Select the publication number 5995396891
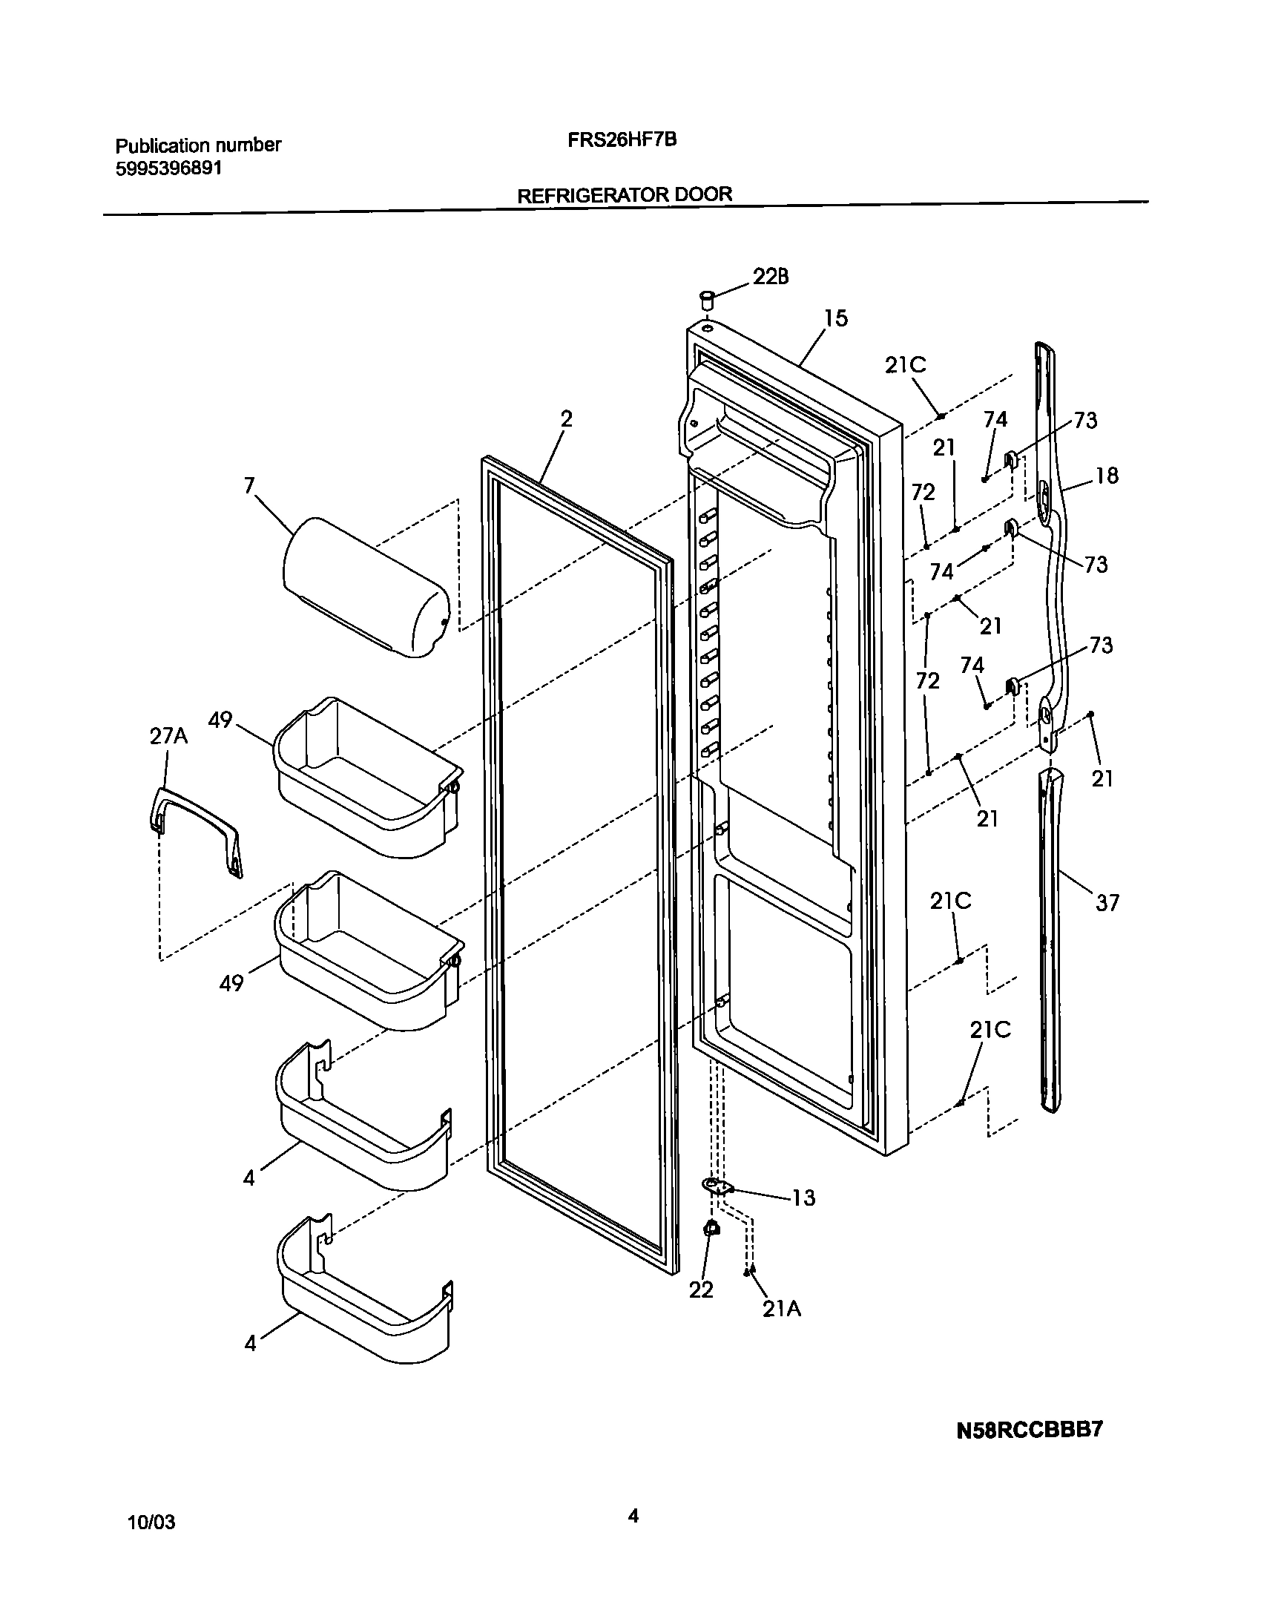[x=168, y=168]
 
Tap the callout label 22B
[x=771, y=277]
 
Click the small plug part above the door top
[x=707, y=300]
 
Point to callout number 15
[x=835, y=318]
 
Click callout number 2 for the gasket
[x=566, y=419]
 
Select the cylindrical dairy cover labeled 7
[x=366, y=588]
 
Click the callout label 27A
[x=168, y=735]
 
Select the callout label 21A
[x=782, y=1309]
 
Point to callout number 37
[x=1107, y=903]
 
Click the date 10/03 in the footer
[x=152, y=1523]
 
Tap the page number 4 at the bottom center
[x=633, y=1516]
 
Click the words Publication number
[x=199, y=145]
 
